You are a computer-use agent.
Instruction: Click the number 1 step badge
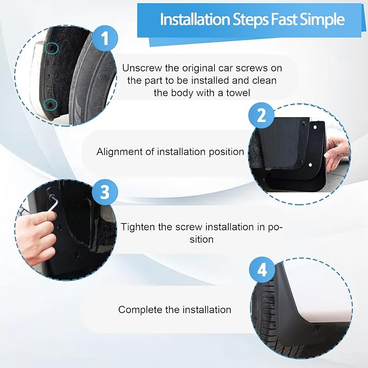click(x=105, y=38)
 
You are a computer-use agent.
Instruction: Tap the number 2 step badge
click(x=261, y=115)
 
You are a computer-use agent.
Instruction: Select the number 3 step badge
click(x=105, y=192)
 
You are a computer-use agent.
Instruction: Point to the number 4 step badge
click(x=262, y=269)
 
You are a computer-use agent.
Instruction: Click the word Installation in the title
click(x=195, y=20)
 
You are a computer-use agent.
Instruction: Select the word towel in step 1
click(x=238, y=93)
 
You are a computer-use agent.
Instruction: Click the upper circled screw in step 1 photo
click(x=51, y=48)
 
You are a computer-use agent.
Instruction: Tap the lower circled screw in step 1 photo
click(x=50, y=104)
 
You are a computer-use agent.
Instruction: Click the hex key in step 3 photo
click(x=54, y=202)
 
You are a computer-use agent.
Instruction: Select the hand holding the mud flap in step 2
click(x=338, y=153)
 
